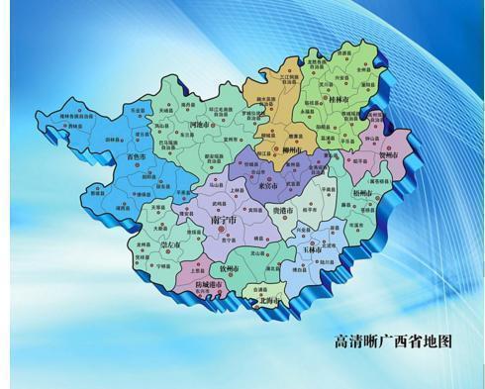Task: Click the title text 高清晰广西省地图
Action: (393, 341)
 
